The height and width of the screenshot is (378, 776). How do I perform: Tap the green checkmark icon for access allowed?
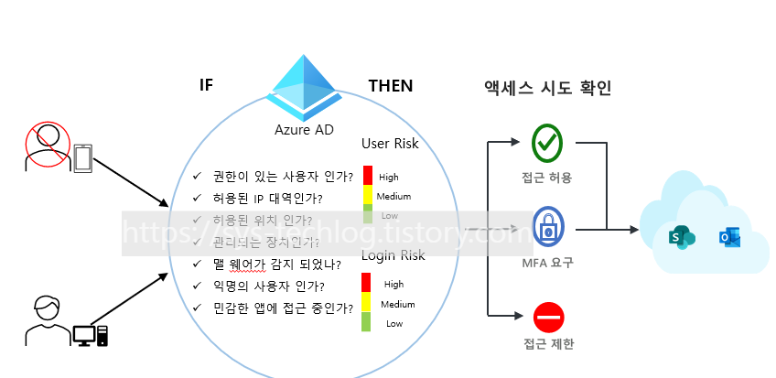[547, 142]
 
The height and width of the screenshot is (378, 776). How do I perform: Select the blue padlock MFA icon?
[548, 232]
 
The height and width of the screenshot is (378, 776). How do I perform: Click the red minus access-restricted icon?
[548, 317]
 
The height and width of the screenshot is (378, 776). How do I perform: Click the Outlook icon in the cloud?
[729, 239]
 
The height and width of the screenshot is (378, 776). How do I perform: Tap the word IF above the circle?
[206, 86]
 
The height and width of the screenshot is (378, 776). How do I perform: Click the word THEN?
[391, 86]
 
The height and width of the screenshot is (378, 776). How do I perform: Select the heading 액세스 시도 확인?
[547, 88]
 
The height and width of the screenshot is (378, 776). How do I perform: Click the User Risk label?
[390, 144]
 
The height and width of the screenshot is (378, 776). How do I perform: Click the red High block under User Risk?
[368, 175]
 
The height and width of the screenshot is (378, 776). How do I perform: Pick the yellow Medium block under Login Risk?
[366, 302]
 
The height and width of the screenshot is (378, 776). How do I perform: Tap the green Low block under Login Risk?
[366, 322]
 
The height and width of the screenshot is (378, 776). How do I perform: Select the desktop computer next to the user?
[91, 334]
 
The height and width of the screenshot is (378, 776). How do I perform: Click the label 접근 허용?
[548, 178]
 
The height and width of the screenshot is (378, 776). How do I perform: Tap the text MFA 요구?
[548, 263]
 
